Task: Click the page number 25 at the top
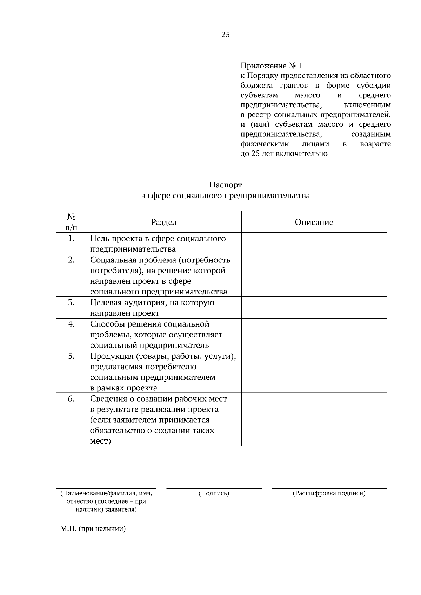[226, 35]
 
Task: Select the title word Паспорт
[226, 185]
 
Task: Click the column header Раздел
[163, 222]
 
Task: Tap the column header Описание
[314, 222]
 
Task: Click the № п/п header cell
[71, 222]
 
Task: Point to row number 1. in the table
[71, 239]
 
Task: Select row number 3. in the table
[71, 303]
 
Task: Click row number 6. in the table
[71, 399]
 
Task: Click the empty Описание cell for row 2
[314, 275]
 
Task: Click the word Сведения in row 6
[107, 399]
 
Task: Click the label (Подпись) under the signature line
[214, 493]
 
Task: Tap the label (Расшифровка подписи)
[329, 493]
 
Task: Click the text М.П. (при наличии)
[93, 529]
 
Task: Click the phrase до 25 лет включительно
[284, 154]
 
